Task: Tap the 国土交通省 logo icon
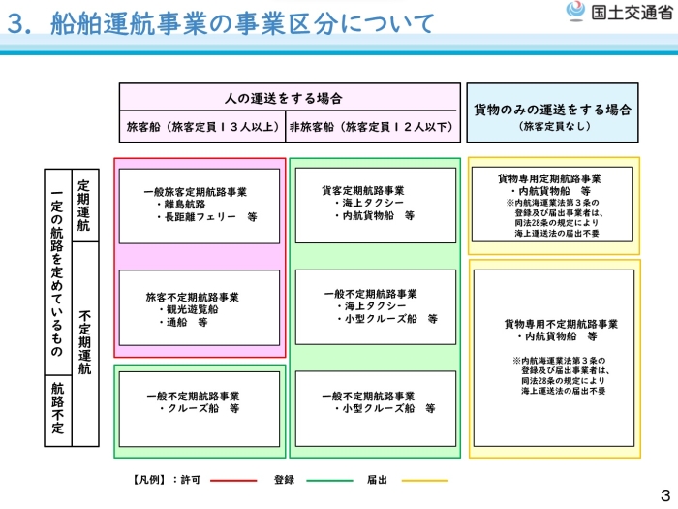click(575, 13)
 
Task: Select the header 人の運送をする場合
click(290, 99)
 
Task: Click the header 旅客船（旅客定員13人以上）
click(202, 127)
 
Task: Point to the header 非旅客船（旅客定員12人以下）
click(372, 127)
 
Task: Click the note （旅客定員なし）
click(553, 126)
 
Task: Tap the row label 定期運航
click(84, 205)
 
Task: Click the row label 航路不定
click(58, 408)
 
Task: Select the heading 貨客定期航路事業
click(363, 190)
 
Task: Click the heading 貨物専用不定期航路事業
click(561, 323)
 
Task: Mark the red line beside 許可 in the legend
click(233, 480)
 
